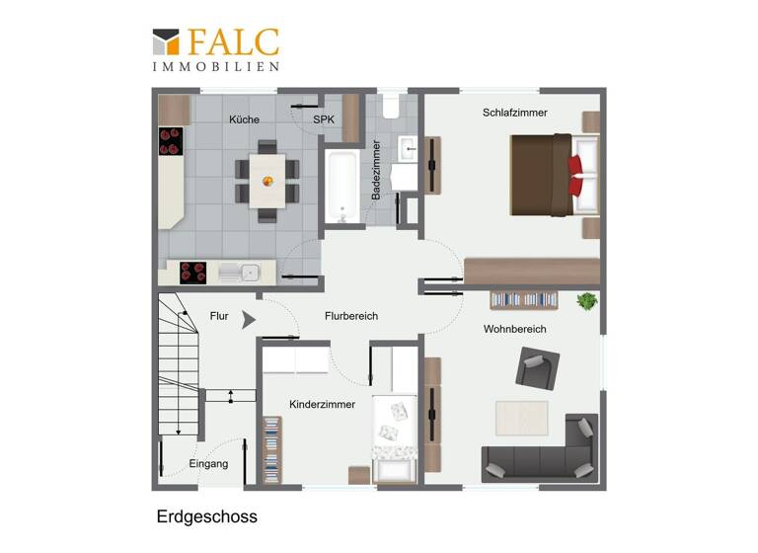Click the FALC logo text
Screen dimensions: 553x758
pyautogui.click(x=232, y=42)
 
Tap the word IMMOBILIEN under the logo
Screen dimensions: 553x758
pyautogui.click(x=215, y=66)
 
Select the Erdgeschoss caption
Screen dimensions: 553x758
pyautogui.click(x=206, y=516)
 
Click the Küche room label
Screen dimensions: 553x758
pyautogui.click(x=244, y=119)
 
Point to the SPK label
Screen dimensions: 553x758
pyautogui.click(x=324, y=119)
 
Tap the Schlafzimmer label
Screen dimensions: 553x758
pyautogui.click(x=514, y=113)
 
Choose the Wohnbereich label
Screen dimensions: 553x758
pyautogui.click(x=515, y=329)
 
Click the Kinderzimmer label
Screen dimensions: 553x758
pyautogui.click(x=322, y=405)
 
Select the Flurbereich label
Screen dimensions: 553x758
pyautogui.click(x=351, y=316)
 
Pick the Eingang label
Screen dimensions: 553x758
pyautogui.click(x=208, y=464)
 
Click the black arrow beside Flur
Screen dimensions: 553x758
pyautogui.click(x=248, y=319)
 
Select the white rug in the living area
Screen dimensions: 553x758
pyautogui.click(x=521, y=416)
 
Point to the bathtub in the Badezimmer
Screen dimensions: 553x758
pyautogui.click(x=342, y=187)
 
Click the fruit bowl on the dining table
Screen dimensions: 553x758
pyautogui.click(x=266, y=181)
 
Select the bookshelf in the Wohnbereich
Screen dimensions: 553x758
pyautogui.click(x=525, y=298)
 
